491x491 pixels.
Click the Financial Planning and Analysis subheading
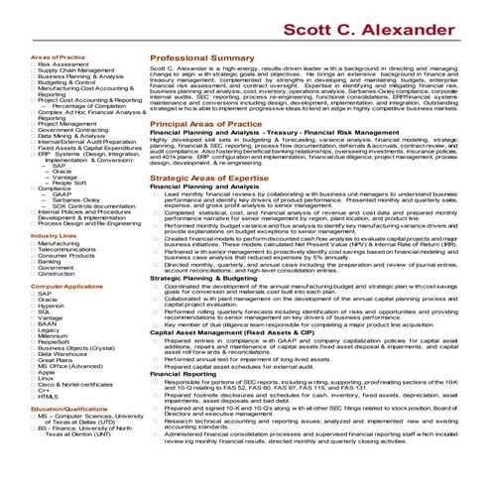click(196, 213)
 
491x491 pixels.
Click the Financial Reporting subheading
click(180, 401)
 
